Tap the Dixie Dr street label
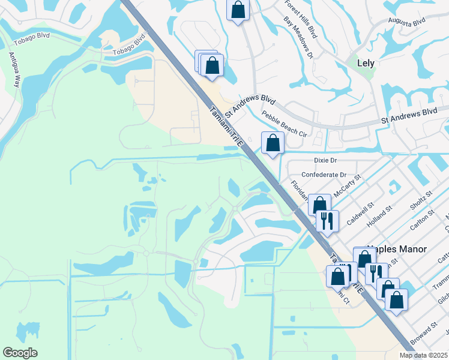click(326, 161)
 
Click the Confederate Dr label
click(324, 175)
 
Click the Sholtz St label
click(421, 203)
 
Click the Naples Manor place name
click(399, 249)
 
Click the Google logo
click(20, 353)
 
